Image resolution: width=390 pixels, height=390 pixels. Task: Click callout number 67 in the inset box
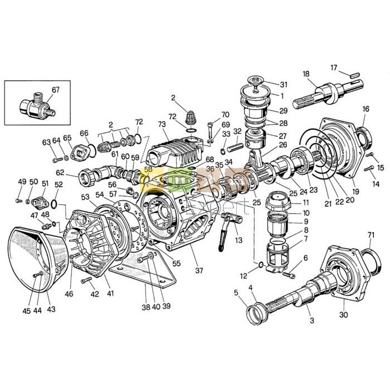[x=56, y=90]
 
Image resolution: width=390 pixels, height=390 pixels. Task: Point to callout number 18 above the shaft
[x=306, y=74]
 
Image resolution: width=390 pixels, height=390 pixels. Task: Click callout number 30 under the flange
[x=343, y=315]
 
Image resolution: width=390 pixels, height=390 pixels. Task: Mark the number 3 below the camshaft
[x=311, y=320]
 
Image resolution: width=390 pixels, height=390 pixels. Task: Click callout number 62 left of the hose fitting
[x=59, y=173]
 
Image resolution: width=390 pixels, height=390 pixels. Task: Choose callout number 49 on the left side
[x=22, y=182]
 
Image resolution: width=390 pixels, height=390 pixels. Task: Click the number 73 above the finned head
[x=162, y=124]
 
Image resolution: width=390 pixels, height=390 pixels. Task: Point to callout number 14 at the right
[x=376, y=183]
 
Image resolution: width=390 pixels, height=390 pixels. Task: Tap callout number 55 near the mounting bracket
[x=177, y=263]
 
